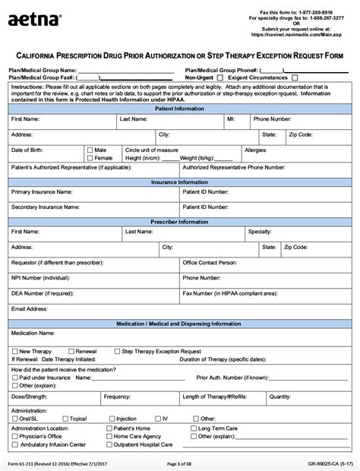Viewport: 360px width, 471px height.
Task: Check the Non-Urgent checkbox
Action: [220, 77]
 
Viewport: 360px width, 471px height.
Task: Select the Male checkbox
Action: [90, 150]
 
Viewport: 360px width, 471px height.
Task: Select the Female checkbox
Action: [90, 157]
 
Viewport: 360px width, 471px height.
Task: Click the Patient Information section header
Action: [179, 108]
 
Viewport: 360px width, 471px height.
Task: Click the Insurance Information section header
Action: [179, 182]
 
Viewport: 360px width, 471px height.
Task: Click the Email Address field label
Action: [30, 309]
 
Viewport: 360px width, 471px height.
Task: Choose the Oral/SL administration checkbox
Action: [15, 419]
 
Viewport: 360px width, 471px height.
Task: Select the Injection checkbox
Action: [112, 419]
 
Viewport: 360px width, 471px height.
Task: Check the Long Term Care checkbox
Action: [193, 428]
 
